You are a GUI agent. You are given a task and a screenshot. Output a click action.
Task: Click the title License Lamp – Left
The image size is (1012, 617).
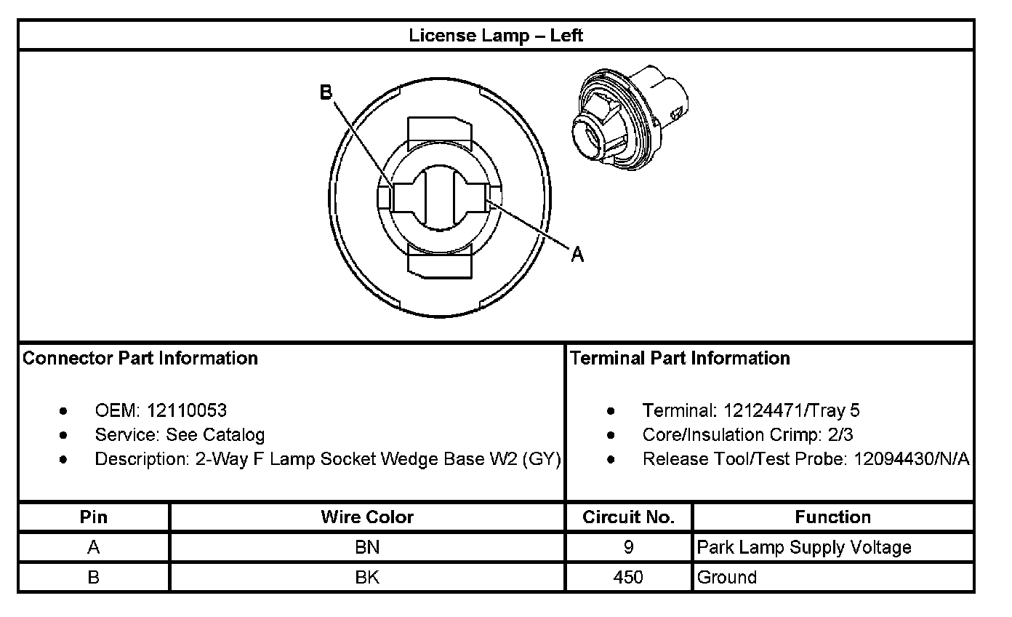tap(496, 35)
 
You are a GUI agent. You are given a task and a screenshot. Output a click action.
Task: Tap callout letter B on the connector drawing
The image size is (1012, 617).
tap(326, 92)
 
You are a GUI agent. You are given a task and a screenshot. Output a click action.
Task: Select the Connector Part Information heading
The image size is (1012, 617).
tap(140, 358)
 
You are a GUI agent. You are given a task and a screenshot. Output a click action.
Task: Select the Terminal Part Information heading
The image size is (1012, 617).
tap(680, 358)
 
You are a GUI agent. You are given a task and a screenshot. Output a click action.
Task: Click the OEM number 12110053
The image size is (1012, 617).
tap(187, 410)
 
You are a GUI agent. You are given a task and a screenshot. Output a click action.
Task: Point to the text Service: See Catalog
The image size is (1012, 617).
tap(180, 435)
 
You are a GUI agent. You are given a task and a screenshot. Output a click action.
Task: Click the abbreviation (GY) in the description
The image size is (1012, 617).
tap(542, 459)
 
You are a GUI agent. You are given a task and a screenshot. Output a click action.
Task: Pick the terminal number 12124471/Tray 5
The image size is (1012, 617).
tap(791, 410)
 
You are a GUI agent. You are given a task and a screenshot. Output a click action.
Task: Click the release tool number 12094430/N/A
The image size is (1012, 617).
tap(911, 459)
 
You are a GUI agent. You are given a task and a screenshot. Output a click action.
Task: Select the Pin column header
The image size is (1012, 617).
tap(93, 517)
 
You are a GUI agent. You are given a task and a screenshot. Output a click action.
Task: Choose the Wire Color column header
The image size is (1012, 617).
tap(367, 517)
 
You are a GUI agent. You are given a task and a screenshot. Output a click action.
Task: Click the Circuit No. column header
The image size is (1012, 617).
tap(629, 517)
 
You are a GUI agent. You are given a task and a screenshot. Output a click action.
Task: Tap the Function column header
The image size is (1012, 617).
tap(832, 517)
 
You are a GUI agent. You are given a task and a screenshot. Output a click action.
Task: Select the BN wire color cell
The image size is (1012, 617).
tap(367, 547)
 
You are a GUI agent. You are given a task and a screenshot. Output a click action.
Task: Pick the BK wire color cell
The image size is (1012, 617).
tap(367, 578)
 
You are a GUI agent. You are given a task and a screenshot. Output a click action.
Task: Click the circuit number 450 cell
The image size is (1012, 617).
tap(628, 578)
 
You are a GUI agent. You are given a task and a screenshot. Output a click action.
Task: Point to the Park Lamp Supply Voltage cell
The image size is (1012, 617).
tap(803, 547)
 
